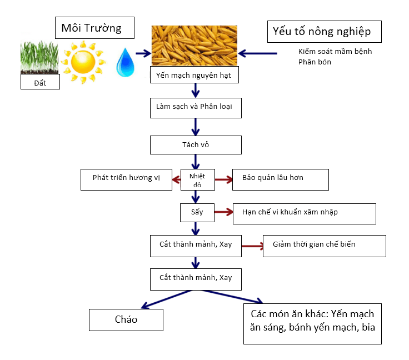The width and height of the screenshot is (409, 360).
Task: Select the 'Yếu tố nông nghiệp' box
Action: pyautogui.click(x=325, y=32)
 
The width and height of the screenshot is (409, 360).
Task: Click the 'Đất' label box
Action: pyautogui.click(x=39, y=82)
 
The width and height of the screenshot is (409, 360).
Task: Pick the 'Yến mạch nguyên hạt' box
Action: pyautogui.click(x=194, y=75)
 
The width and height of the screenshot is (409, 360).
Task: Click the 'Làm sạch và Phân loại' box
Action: pyautogui.click(x=196, y=108)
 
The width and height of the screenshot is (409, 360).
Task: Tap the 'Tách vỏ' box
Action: pyautogui.click(x=196, y=145)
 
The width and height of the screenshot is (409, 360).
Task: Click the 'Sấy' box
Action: pyautogui.click(x=193, y=212)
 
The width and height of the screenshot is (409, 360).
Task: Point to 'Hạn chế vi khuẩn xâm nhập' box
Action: pyautogui.click(x=304, y=213)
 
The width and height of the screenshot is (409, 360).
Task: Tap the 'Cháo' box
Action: pyautogui.click(x=126, y=320)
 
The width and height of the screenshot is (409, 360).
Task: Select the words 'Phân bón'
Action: pyautogui.click(x=315, y=62)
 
